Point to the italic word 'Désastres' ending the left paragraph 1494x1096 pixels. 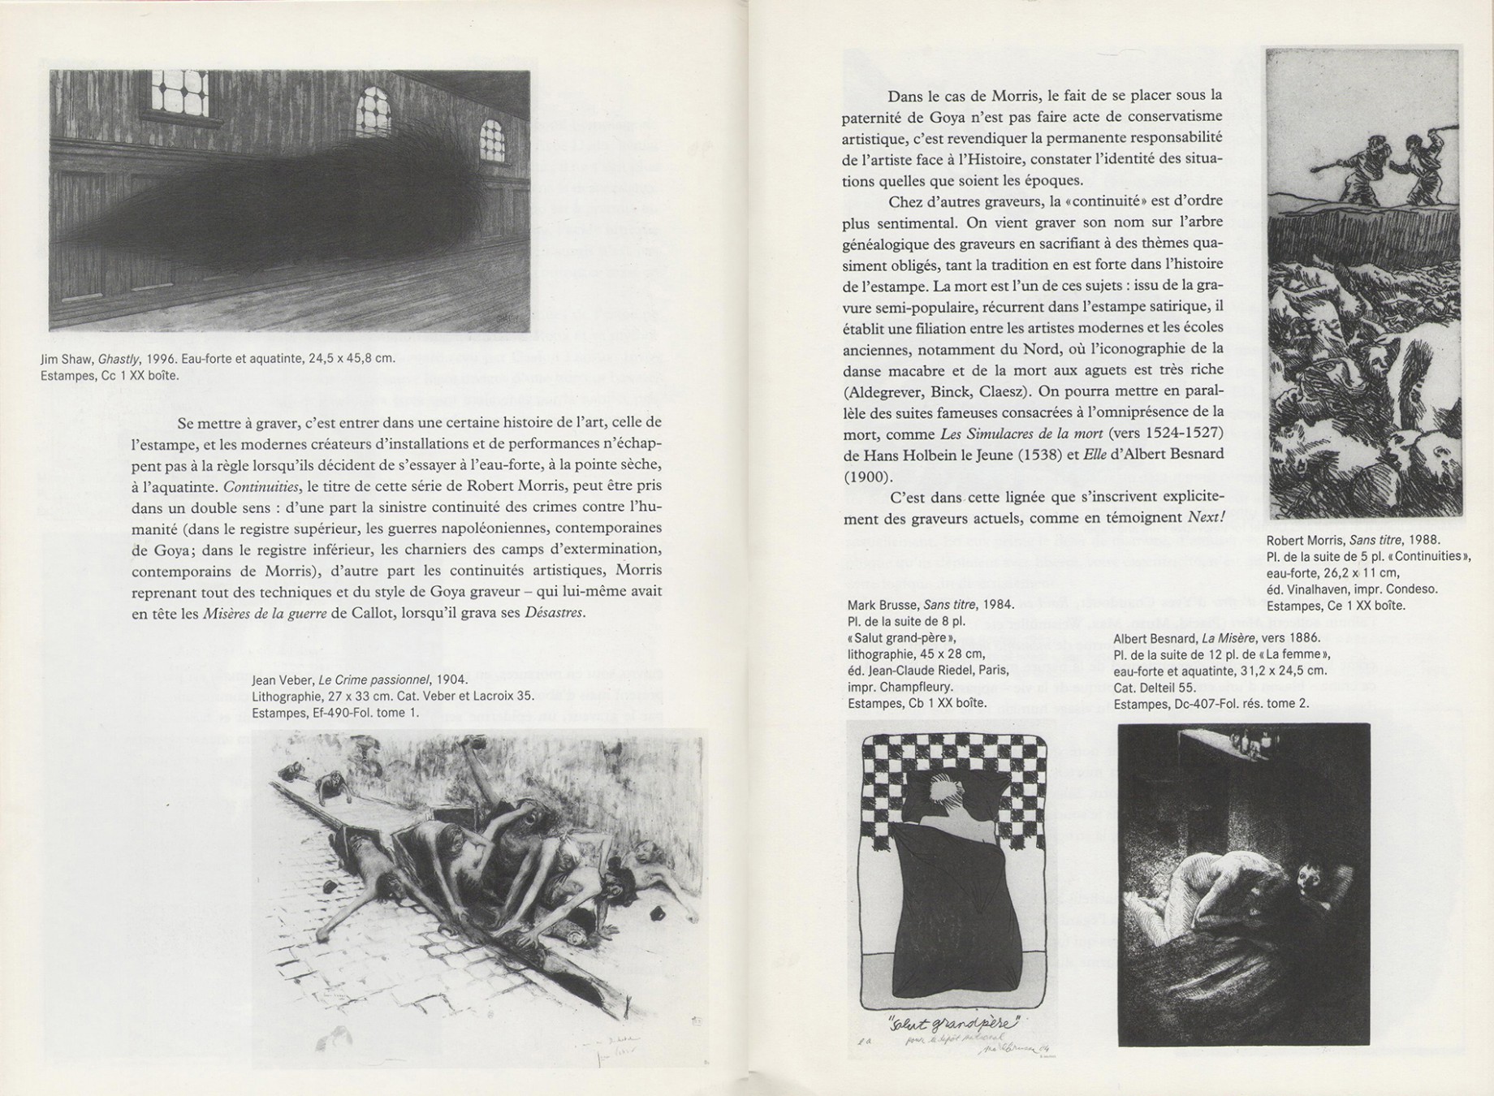point(554,613)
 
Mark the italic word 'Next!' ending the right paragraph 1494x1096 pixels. point(1205,517)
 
